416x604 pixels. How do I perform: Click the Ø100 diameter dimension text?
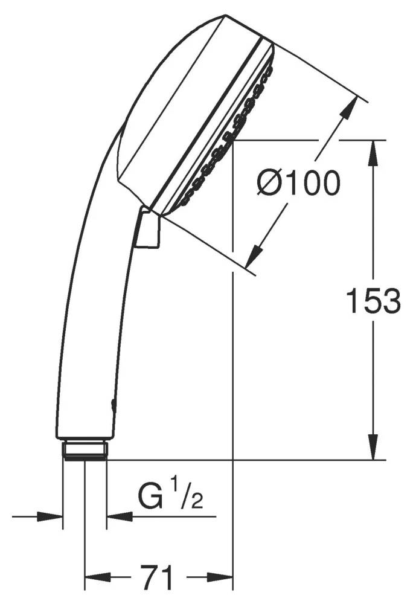[x=298, y=184]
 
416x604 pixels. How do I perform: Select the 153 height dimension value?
[x=373, y=300]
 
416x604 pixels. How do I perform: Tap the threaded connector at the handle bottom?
[x=85, y=450]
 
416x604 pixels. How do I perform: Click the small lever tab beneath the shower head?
[x=149, y=230]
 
